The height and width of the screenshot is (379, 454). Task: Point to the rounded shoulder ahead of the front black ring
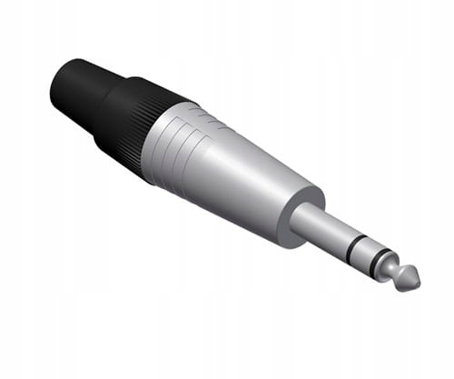(389, 264)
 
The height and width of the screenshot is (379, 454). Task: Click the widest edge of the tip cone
(400, 274)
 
